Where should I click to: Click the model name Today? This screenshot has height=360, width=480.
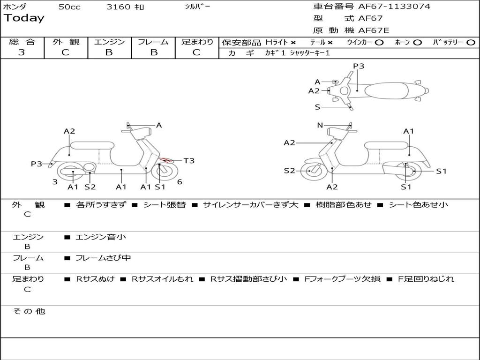click(24, 18)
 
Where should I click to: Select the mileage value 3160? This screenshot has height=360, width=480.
click(119, 7)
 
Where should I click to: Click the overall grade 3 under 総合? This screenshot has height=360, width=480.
click(22, 52)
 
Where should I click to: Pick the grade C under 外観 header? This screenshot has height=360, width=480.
click(65, 52)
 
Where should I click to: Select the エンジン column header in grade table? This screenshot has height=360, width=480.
click(109, 42)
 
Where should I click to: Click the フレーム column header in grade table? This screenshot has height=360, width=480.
click(153, 42)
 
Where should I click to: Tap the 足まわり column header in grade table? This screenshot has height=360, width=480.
click(197, 42)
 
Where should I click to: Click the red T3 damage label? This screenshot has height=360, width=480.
click(189, 161)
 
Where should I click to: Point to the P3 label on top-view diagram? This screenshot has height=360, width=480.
click(359, 66)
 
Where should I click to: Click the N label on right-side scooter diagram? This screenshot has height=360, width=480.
click(320, 125)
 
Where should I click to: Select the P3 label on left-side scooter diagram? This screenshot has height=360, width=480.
click(37, 164)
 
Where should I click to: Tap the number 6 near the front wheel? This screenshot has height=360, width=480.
click(180, 182)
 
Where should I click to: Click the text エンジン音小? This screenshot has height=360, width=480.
click(101, 237)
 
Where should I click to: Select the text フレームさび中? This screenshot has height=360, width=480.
click(103, 258)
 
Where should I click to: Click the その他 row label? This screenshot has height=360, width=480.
click(29, 311)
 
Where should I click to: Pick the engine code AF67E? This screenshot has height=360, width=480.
click(374, 31)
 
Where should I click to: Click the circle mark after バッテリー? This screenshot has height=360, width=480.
click(471, 42)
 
